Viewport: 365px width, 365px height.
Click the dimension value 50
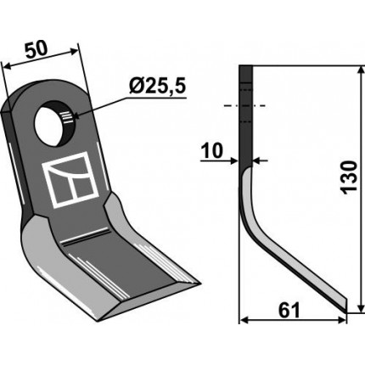36,50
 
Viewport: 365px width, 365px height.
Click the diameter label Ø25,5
157,86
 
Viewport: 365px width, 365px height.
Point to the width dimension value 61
289,311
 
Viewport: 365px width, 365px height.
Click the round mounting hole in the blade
53,123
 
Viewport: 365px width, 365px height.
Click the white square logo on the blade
70,179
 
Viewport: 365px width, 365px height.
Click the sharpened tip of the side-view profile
345,310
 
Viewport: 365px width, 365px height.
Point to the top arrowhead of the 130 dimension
361,70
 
